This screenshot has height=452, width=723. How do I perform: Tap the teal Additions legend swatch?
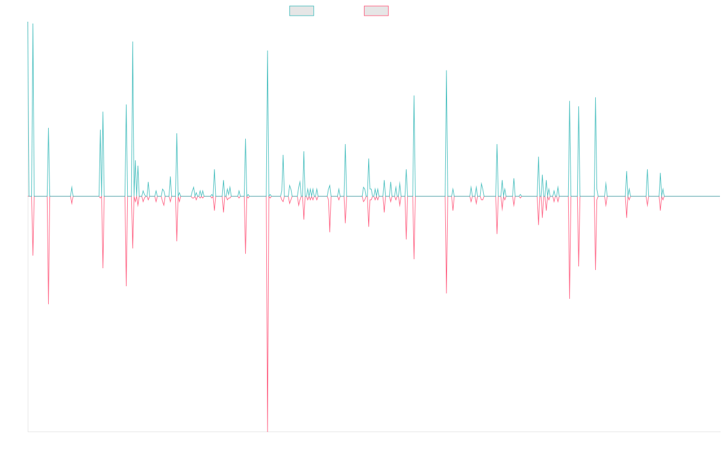coord(302,11)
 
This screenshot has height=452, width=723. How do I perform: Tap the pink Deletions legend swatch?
coord(377,11)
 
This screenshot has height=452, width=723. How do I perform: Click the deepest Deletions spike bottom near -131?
coord(268,431)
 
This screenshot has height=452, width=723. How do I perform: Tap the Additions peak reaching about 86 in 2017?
coord(133,42)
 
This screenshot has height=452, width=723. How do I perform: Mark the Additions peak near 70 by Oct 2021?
coord(446,71)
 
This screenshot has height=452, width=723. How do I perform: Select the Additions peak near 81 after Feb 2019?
coord(268,51)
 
